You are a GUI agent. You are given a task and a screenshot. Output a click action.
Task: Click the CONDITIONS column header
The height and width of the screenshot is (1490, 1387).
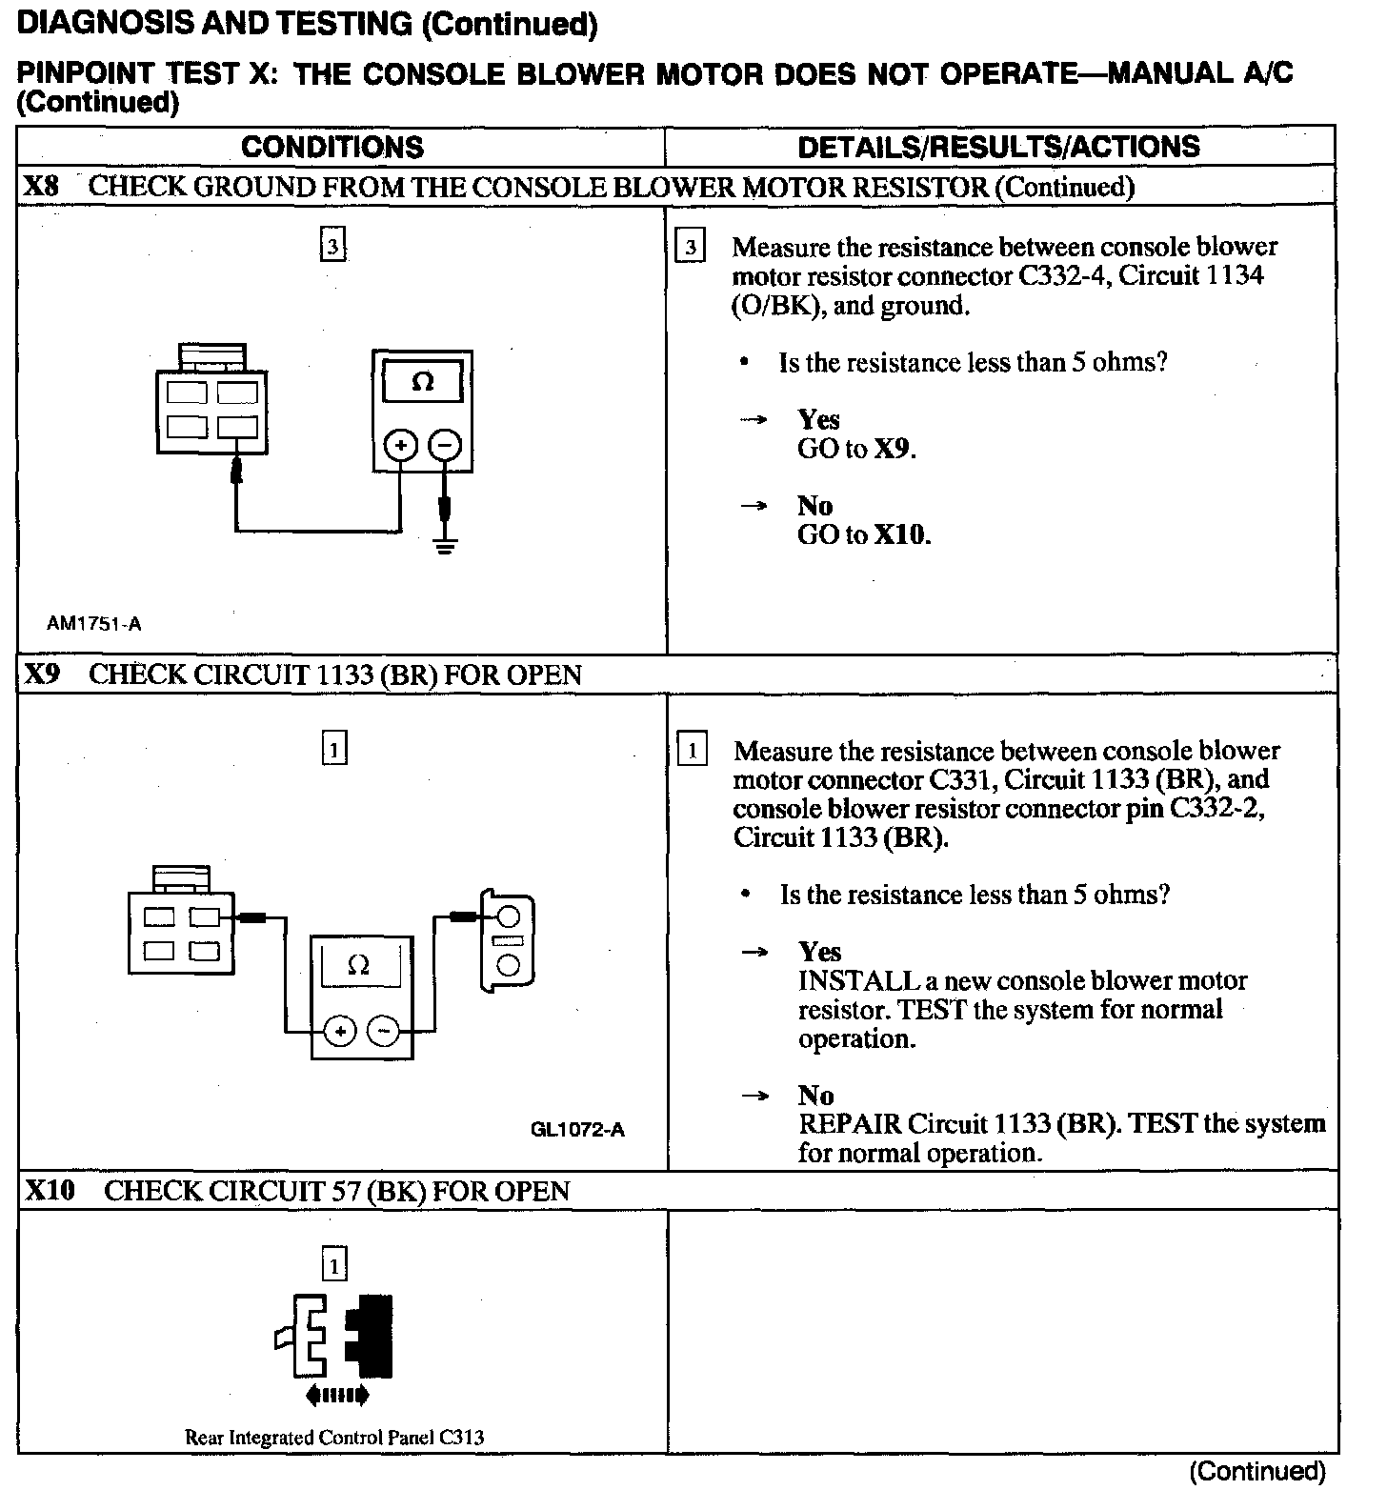point(332,147)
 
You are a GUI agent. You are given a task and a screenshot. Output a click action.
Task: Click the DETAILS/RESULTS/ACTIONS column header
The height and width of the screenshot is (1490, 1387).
point(998,147)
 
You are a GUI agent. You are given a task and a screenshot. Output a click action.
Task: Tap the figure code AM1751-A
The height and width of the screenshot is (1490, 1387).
point(94,624)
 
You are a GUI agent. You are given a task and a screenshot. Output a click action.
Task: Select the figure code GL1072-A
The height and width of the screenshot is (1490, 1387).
point(577,1130)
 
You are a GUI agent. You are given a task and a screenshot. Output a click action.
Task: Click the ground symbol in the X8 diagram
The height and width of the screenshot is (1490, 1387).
point(445,546)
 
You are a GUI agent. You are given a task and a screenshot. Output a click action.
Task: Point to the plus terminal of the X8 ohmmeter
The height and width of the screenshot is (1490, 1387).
point(401,446)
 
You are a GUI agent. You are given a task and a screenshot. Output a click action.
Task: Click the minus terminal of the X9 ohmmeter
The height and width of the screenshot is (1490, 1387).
point(384,1031)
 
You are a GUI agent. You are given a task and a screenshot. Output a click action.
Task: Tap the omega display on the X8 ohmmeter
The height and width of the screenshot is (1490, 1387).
point(423,382)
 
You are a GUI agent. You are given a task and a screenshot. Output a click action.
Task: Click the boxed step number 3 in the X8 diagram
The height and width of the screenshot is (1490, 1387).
point(332,247)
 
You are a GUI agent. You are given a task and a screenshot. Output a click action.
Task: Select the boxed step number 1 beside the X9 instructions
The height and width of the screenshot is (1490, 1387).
point(692,751)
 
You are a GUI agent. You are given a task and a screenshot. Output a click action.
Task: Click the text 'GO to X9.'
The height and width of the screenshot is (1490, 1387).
point(856,449)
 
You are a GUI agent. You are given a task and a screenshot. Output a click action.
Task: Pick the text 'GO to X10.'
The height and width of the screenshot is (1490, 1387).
point(863,534)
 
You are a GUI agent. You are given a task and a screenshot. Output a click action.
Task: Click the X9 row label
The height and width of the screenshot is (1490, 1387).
point(42,675)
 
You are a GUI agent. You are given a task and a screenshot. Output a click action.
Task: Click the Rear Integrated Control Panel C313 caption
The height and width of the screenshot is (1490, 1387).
point(333,1437)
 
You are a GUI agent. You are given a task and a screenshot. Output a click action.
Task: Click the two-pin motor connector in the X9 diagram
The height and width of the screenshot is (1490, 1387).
point(507,942)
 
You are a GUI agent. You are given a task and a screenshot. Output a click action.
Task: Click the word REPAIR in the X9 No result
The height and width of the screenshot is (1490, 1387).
point(850,1123)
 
